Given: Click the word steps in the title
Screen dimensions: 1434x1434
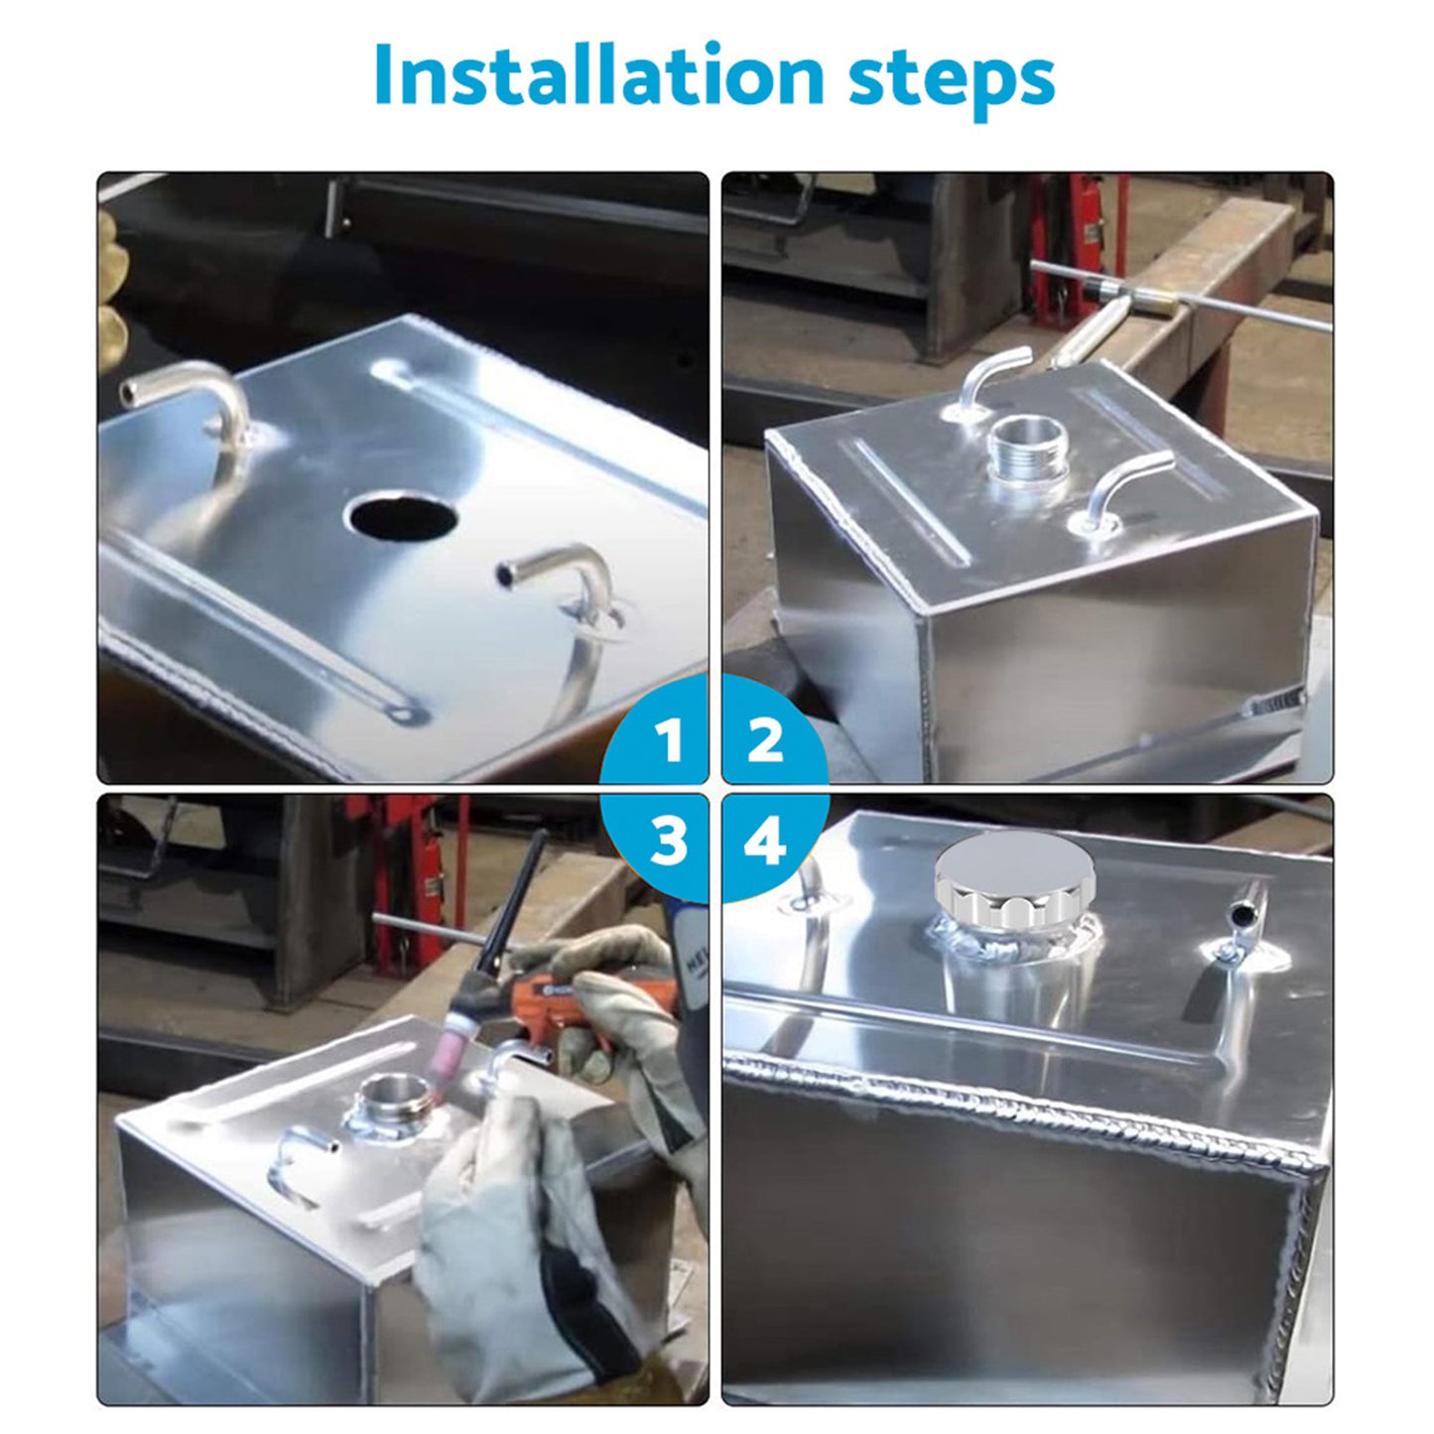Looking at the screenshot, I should [x=951, y=77].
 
